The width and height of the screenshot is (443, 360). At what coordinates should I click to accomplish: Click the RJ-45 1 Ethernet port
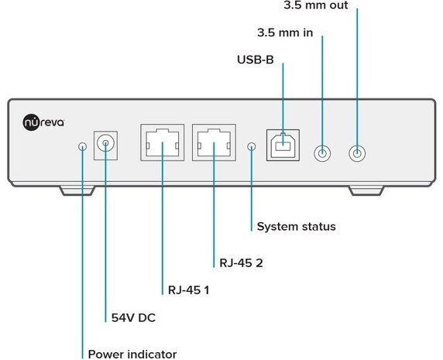click(x=162, y=143)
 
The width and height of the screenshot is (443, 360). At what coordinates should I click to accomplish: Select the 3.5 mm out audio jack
click(x=357, y=153)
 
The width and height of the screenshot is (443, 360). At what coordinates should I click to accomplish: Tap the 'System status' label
click(x=296, y=227)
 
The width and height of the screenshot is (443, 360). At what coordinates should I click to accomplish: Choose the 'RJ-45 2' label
click(x=241, y=262)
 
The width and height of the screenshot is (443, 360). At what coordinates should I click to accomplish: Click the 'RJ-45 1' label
click(x=189, y=291)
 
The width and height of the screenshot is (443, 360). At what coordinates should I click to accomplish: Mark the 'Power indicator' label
click(x=132, y=354)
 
